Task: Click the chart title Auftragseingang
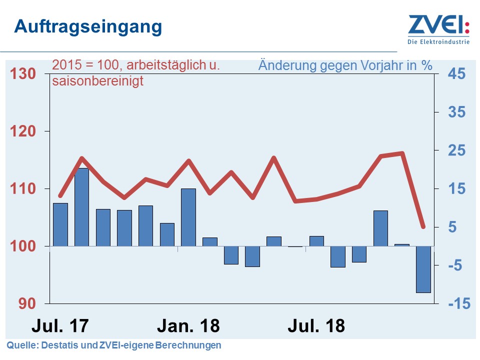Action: [x=88, y=26]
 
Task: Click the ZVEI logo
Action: [x=439, y=25]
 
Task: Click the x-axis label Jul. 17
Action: [x=60, y=326]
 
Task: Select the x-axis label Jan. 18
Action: [x=188, y=326]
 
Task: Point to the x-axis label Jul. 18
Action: [x=316, y=326]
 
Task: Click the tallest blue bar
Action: [x=81, y=207]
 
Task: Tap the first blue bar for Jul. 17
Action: [x=60, y=224]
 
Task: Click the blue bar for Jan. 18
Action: [x=188, y=217]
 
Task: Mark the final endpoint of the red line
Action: [x=423, y=227]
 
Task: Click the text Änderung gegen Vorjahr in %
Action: [x=345, y=65]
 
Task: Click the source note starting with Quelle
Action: [x=113, y=345]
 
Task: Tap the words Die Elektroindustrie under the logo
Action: [x=439, y=42]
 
